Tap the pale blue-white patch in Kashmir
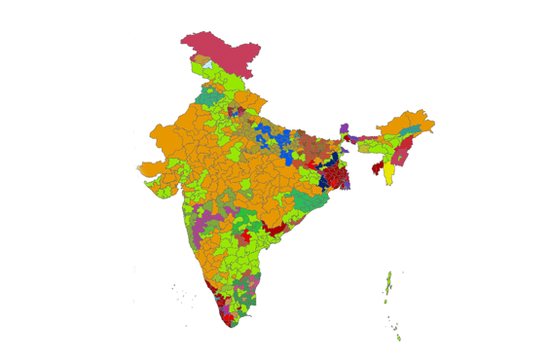205,65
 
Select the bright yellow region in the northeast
389,173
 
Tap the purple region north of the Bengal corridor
344,128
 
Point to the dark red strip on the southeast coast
272,229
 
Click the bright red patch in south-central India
245,236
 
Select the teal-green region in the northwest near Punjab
210,96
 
